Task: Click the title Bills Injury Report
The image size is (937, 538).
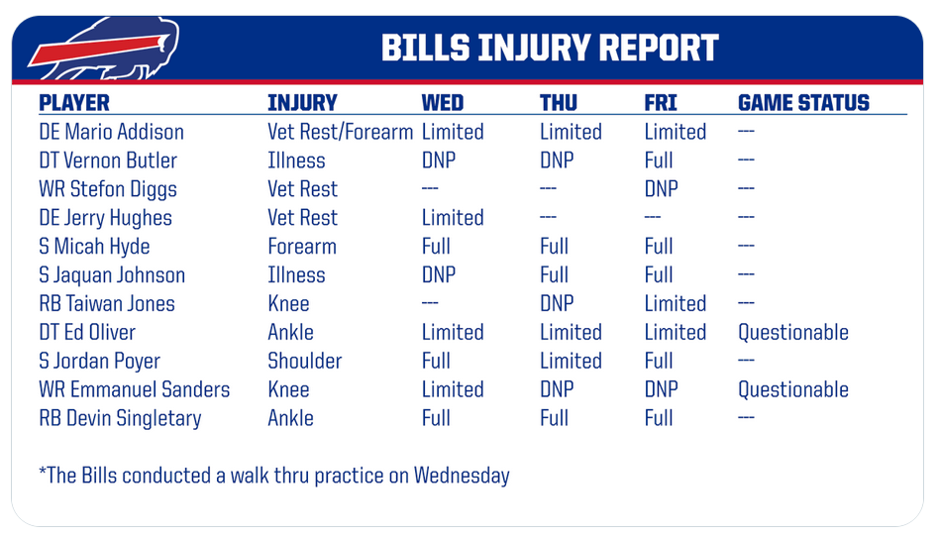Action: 550,48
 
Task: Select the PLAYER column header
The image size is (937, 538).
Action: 74,103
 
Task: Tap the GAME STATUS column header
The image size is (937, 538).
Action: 803,103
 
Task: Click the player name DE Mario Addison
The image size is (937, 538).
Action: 111,132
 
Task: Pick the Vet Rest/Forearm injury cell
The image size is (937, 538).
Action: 340,132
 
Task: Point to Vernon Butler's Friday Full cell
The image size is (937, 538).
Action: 659,161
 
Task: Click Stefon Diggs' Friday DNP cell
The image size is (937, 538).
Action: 661,189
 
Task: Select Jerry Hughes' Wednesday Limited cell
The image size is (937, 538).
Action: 453,218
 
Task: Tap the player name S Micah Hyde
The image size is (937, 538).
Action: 94,247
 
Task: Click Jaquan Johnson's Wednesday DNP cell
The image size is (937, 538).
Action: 439,275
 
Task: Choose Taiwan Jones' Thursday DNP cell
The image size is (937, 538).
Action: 557,303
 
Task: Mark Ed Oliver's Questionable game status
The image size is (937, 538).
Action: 793,332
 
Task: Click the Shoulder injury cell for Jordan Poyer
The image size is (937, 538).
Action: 305,361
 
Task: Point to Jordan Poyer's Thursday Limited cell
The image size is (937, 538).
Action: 571,361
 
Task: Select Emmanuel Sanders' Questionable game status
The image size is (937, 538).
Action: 793,389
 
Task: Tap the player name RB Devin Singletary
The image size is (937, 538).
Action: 120,418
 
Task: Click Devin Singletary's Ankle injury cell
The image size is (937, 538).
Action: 290,418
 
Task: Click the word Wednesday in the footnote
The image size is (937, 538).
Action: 462,476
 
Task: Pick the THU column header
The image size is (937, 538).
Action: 558,103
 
